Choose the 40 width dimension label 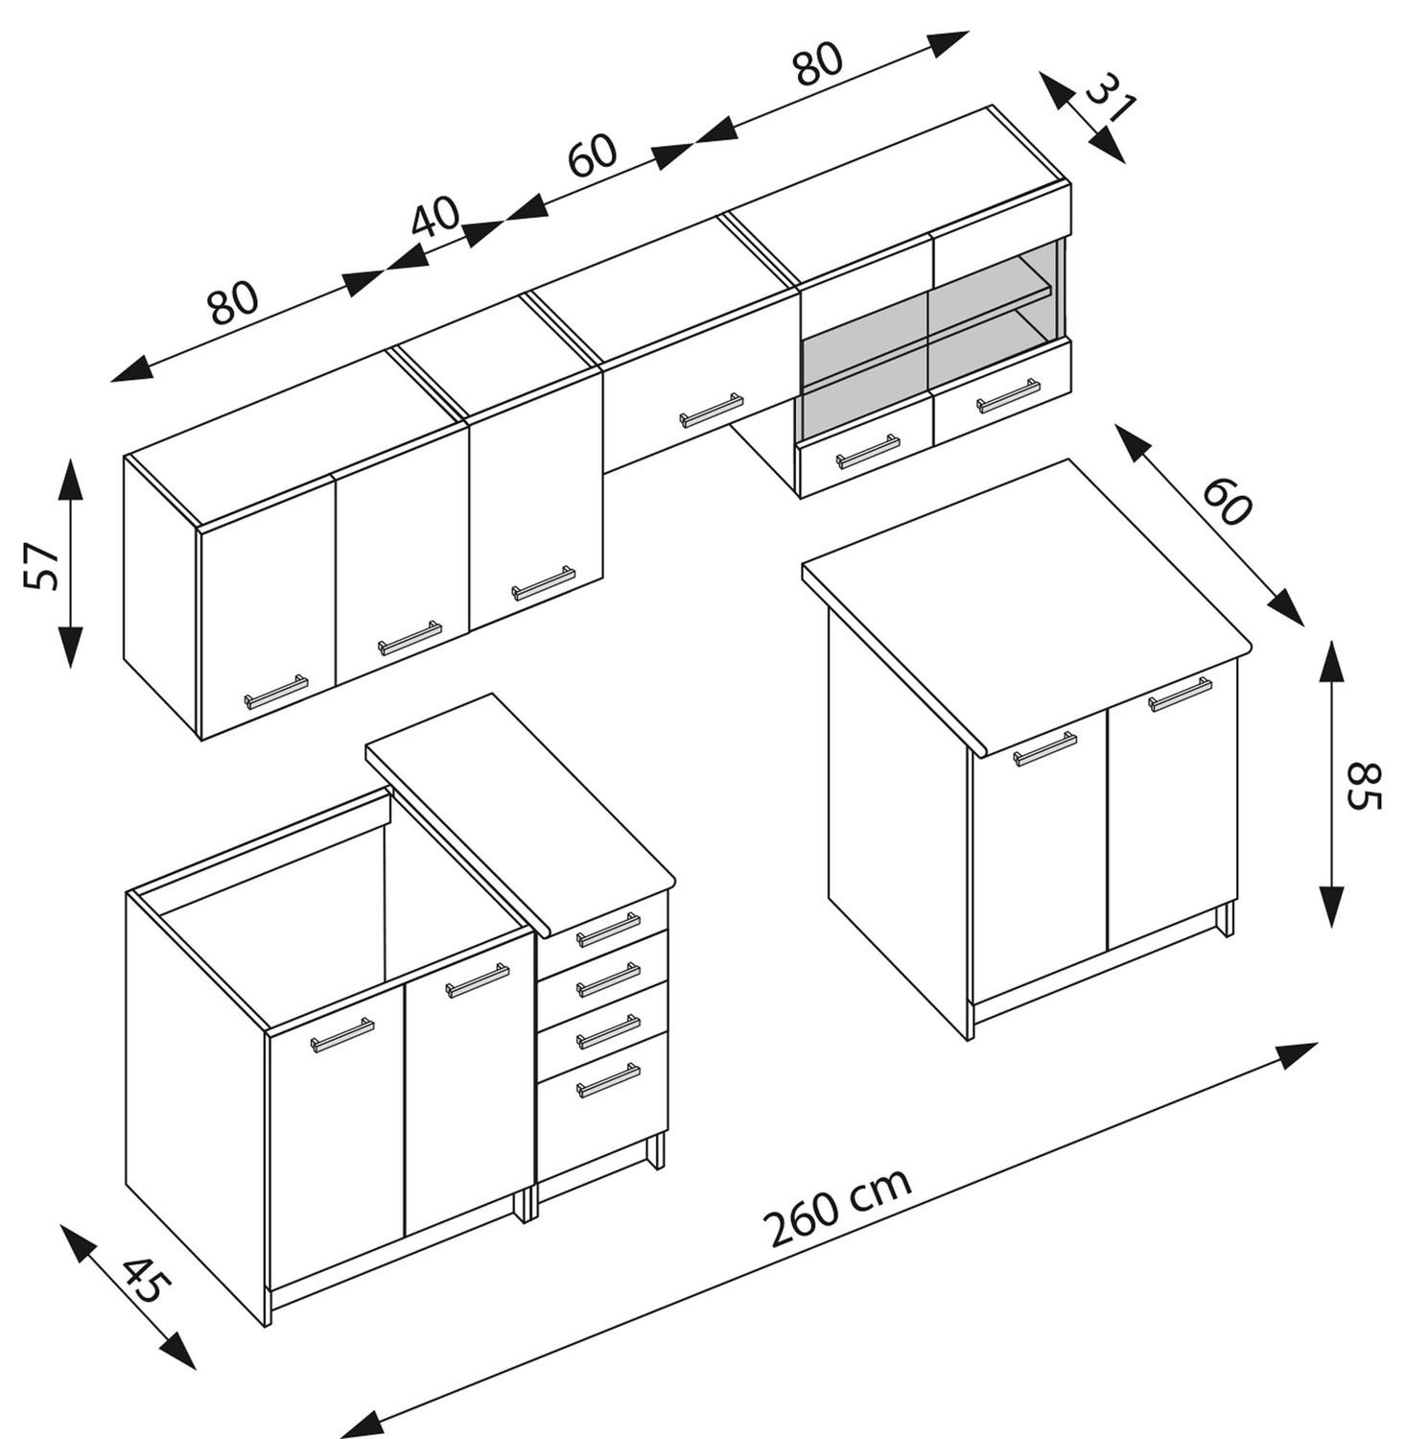point(436,219)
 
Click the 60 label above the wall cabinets point(592,155)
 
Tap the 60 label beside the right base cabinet point(1227,501)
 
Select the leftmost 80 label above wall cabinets point(233,302)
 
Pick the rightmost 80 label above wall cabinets point(818,64)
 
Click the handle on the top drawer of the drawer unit point(608,929)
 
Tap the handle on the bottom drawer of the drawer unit point(608,1080)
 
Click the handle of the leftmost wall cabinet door point(276,691)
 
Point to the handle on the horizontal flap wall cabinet point(712,410)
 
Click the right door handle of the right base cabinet point(1181,694)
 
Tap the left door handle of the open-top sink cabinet point(342,1034)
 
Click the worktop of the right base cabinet point(1026,604)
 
